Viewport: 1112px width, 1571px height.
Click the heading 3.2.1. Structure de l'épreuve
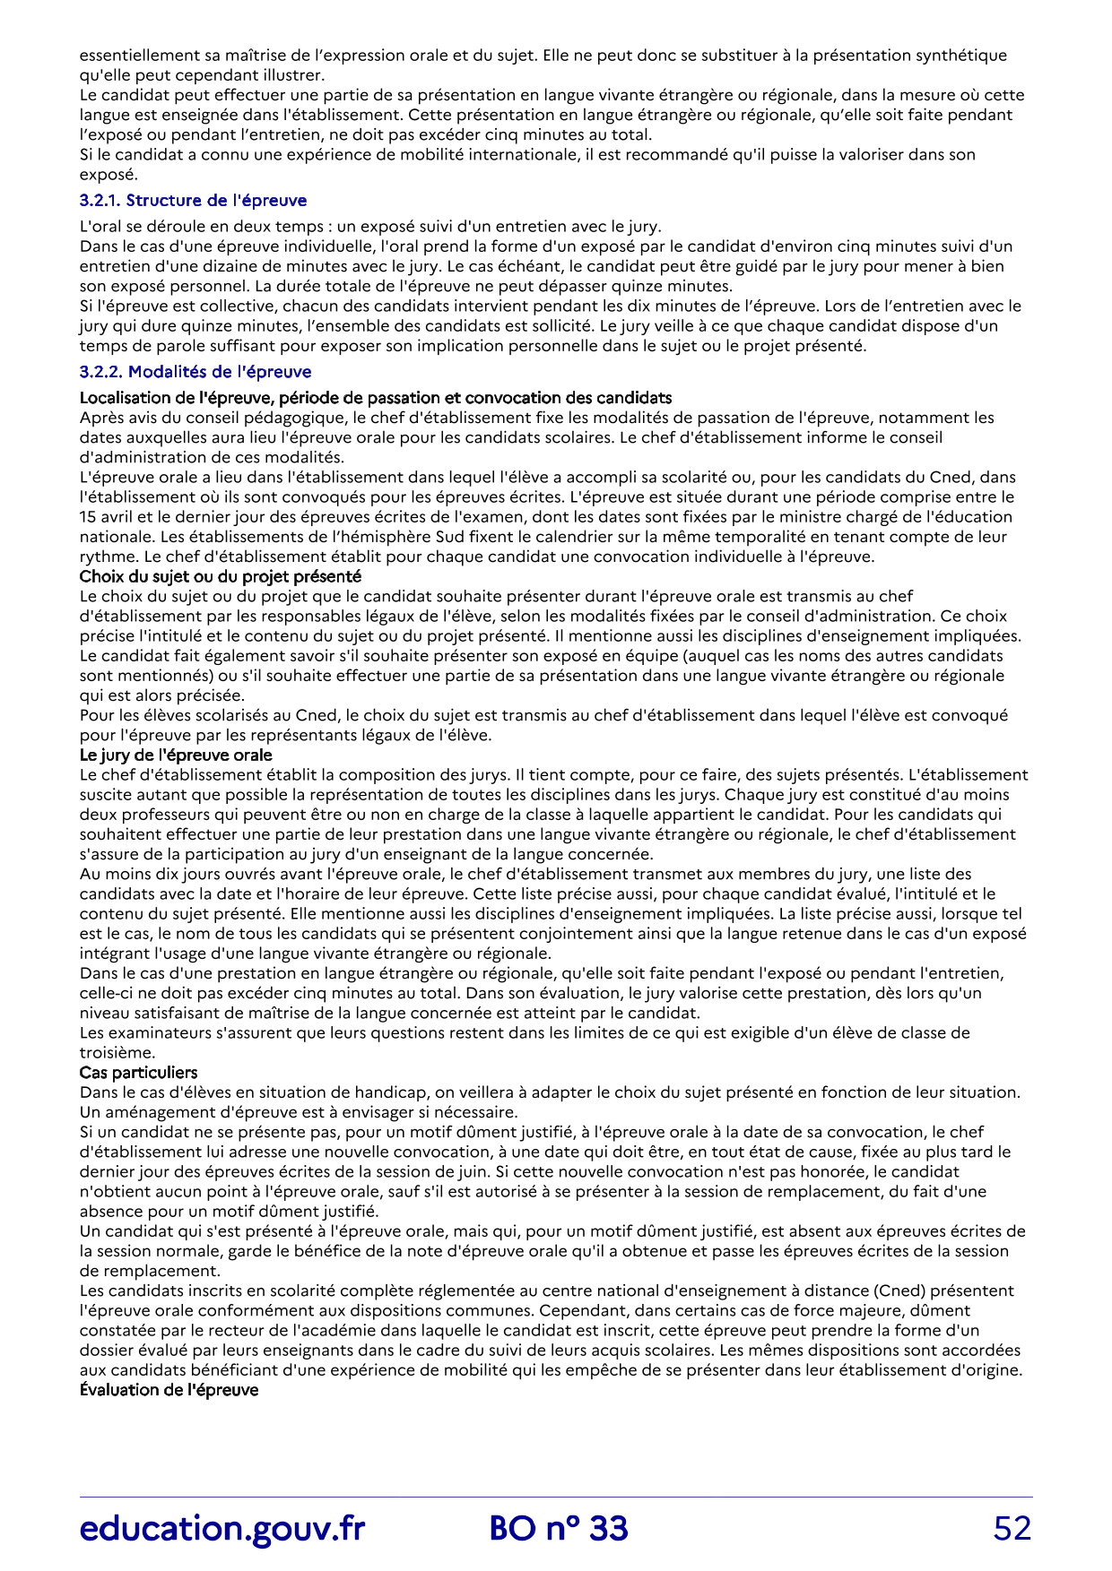point(193,201)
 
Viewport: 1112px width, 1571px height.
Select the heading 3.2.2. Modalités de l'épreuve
point(195,372)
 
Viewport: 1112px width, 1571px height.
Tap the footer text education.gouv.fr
point(222,1528)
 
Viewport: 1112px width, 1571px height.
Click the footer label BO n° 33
point(559,1528)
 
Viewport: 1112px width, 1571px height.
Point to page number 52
point(1012,1528)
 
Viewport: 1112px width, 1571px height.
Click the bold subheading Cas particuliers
point(138,1073)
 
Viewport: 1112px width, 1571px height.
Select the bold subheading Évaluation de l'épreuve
point(169,1390)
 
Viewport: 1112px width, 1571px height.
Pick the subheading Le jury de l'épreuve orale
point(176,755)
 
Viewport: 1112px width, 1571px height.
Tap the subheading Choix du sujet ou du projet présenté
point(220,576)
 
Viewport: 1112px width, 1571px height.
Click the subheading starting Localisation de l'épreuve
point(376,398)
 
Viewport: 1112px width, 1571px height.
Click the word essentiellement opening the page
point(135,56)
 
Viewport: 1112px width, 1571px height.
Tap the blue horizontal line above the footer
point(556,1498)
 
